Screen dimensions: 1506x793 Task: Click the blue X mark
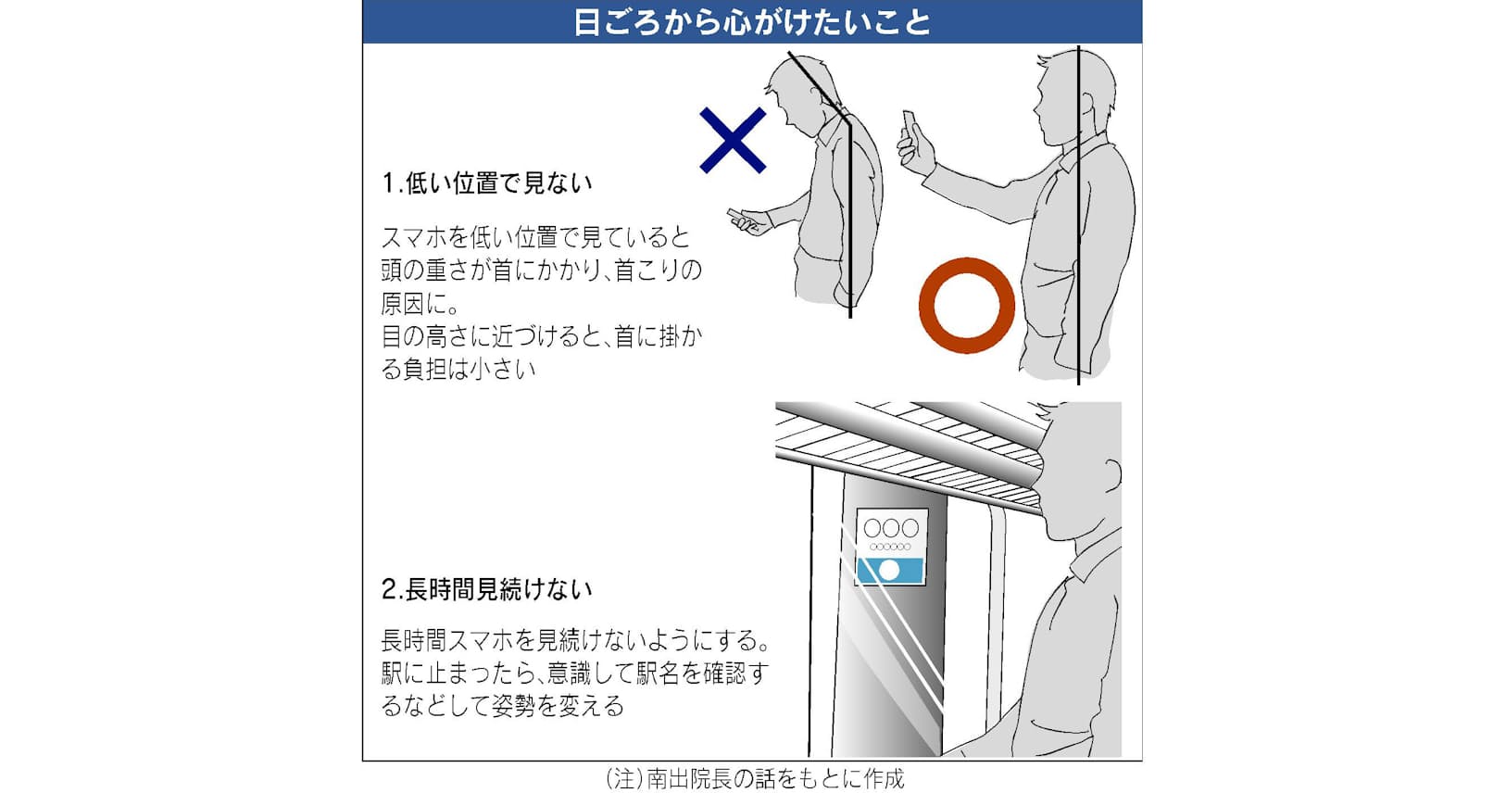[x=733, y=140]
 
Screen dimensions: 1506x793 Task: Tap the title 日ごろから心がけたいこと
[x=752, y=22]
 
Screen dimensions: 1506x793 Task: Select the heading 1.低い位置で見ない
[x=487, y=183]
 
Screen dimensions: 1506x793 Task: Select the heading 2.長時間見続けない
[x=487, y=589]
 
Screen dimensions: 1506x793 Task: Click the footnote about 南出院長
[x=754, y=779]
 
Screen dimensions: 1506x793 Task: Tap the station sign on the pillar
[x=892, y=548]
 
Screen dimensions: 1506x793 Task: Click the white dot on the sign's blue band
[x=889, y=571]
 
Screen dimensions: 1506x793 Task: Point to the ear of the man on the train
[x=1111, y=473]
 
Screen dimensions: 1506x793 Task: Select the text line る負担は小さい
[x=458, y=370]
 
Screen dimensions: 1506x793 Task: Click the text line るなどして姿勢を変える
[x=503, y=706]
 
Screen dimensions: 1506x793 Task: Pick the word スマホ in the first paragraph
[x=413, y=237]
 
